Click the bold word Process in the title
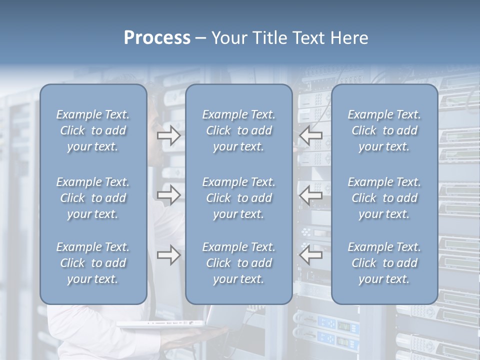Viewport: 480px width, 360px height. [157, 38]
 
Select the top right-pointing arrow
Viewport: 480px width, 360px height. [168, 135]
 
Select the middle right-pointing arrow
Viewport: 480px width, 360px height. [168, 194]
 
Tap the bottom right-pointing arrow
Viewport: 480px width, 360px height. [168, 255]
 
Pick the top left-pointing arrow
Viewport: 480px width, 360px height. [311, 135]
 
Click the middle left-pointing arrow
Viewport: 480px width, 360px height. [311, 194]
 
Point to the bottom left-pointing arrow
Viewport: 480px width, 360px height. [311, 255]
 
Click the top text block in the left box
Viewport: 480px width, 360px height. [93, 130]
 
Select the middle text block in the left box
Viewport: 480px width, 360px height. [93, 198]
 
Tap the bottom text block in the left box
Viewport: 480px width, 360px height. [93, 263]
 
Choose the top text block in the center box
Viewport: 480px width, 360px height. [238, 130]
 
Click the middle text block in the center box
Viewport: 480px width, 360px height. [238, 198]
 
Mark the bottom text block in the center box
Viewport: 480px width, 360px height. [238, 263]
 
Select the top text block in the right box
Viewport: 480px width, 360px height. [384, 130]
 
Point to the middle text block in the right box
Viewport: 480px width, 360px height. [384, 198]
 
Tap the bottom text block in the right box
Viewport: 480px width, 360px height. [384, 263]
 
